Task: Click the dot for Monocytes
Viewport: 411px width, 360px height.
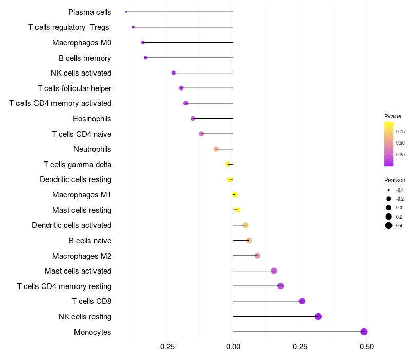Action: [x=364, y=332]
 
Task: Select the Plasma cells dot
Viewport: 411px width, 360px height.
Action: [x=126, y=12]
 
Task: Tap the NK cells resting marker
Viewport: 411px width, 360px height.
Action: [x=318, y=316]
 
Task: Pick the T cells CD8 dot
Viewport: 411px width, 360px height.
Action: [x=302, y=301]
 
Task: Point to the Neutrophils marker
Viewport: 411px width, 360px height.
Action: [x=216, y=149]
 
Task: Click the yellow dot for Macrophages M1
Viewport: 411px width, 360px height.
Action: [x=235, y=195]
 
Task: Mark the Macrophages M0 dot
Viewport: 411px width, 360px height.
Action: [x=143, y=42]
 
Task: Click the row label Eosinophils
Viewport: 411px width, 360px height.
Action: [x=92, y=119]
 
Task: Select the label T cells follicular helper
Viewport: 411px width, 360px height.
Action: [x=74, y=88]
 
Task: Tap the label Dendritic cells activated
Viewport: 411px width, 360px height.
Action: [x=71, y=225]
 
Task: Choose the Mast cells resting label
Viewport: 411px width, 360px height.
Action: [x=82, y=210]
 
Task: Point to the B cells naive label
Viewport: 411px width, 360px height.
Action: [x=90, y=241]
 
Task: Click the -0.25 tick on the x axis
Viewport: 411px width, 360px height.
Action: [x=166, y=347]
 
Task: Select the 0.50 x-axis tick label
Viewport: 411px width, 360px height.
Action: [x=366, y=347]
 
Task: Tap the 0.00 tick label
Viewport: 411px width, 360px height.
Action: [x=233, y=347]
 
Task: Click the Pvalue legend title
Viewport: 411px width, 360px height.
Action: [x=393, y=116]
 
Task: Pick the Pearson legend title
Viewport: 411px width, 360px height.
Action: [x=395, y=180]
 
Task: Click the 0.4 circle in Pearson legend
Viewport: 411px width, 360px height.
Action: [x=389, y=225]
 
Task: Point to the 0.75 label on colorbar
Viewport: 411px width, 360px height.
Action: [x=400, y=132]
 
